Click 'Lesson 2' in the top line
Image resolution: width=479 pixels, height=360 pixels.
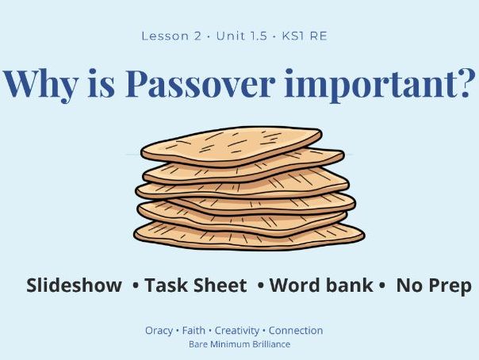click(166, 36)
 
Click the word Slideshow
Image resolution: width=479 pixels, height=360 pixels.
click(74, 285)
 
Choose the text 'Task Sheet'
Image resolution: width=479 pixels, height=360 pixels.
click(196, 285)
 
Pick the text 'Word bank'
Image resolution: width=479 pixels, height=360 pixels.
click(321, 285)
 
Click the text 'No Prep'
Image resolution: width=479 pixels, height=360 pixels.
click(434, 285)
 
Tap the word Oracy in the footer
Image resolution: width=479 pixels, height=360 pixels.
click(159, 331)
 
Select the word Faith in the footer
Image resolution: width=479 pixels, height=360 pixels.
click(193, 331)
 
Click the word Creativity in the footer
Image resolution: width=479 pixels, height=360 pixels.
click(236, 331)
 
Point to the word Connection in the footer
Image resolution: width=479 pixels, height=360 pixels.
click(296, 331)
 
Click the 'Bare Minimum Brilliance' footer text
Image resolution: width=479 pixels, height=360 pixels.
click(239, 345)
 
